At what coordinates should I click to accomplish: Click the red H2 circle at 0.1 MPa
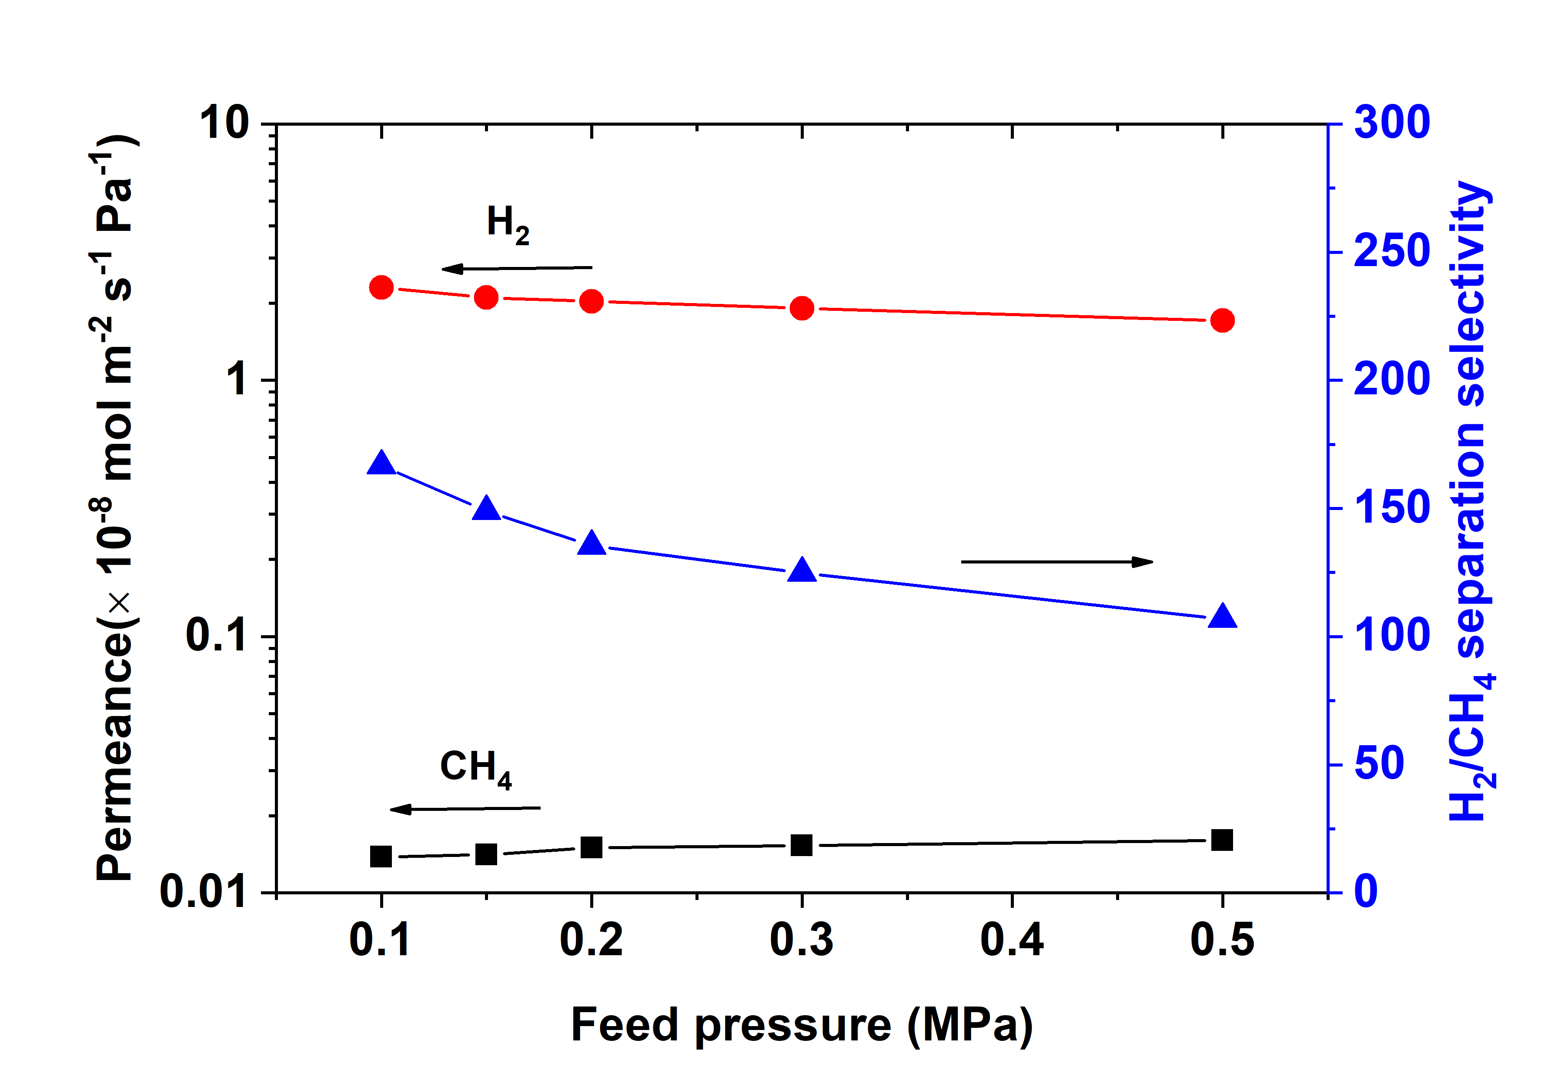[381, 288]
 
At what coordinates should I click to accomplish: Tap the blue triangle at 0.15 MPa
[486, 509]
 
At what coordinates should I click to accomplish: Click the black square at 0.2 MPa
[591, 847]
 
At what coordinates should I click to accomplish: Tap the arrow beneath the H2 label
[516, 269]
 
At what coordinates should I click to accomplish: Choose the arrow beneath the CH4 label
[465, 809]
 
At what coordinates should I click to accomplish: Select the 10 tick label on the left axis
[224, 123]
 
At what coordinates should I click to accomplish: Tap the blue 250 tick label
[1391, 252]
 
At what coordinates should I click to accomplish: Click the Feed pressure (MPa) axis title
[801, 1024]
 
